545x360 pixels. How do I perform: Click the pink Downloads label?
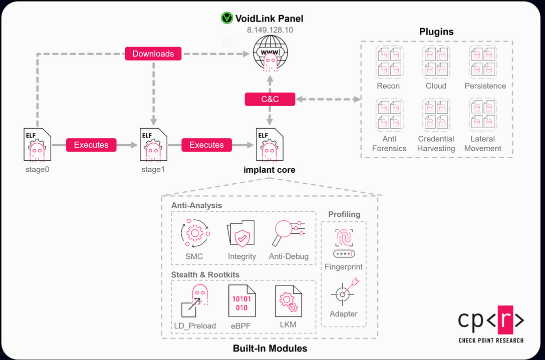point(153,54)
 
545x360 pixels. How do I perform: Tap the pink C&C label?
point(269,99)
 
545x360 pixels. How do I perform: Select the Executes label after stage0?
point(91,145)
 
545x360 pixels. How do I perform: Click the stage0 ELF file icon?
point(37,146)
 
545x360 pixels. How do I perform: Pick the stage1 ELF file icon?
point(152,146)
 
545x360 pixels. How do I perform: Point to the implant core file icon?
point(269,146)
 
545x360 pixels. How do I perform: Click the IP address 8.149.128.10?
point(269,30)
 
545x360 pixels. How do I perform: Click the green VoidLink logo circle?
point(227,19)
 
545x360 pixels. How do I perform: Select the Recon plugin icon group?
point(388,62)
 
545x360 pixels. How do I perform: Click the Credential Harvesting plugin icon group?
point(436,115)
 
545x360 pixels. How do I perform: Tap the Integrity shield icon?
point(241,235)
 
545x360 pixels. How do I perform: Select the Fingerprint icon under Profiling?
point(343,243)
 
